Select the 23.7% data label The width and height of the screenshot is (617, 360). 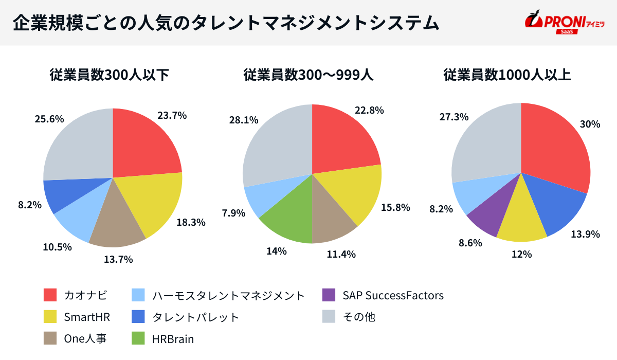(x=172, y=116)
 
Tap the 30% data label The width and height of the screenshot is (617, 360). (x=590, y=124)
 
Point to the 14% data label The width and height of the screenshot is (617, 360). (x=276, y=251)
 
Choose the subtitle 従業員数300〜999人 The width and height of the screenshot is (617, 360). (x=308, y=75)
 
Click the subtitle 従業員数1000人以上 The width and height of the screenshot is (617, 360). (x=507, y=75)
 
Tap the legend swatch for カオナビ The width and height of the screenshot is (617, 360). (x=50, y=295)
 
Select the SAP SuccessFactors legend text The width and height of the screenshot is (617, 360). (x=393, y=295)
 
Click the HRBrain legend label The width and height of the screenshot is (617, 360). (x=173, y=339)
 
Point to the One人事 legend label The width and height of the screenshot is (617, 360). (x=85, y=339)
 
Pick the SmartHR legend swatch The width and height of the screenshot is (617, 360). (x=50, y=317)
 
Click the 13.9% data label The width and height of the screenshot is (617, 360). (x=586, y=234)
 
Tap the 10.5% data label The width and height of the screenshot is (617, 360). (x=57, y=247)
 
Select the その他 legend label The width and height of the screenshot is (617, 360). (x=359, y=317)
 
